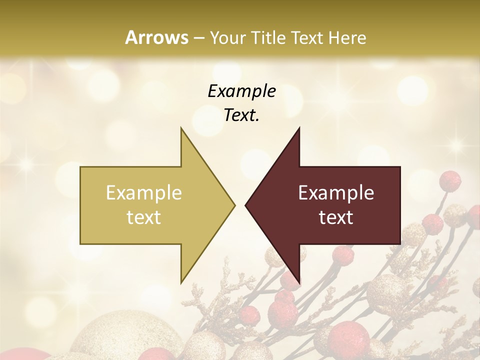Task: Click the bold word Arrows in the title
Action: (157, 37)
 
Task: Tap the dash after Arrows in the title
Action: (198, 38)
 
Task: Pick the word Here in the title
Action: (350, 37)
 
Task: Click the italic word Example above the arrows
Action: (241, 91)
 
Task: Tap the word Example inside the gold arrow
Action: (144, 193)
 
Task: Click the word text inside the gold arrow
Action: (144, 217)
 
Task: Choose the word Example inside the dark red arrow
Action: (336, 193)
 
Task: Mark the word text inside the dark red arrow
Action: (336, 217)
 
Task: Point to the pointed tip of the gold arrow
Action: (234, 205)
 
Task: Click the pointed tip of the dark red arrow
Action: (245, 205)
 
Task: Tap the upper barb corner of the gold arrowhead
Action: (181, 128)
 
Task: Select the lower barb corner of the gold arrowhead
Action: (181, 283)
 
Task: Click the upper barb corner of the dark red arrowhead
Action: (299, 128)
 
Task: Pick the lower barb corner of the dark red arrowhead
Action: (299, 283)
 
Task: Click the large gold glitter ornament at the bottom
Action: (115, 337)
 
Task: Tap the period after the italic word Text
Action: (257, 120)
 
